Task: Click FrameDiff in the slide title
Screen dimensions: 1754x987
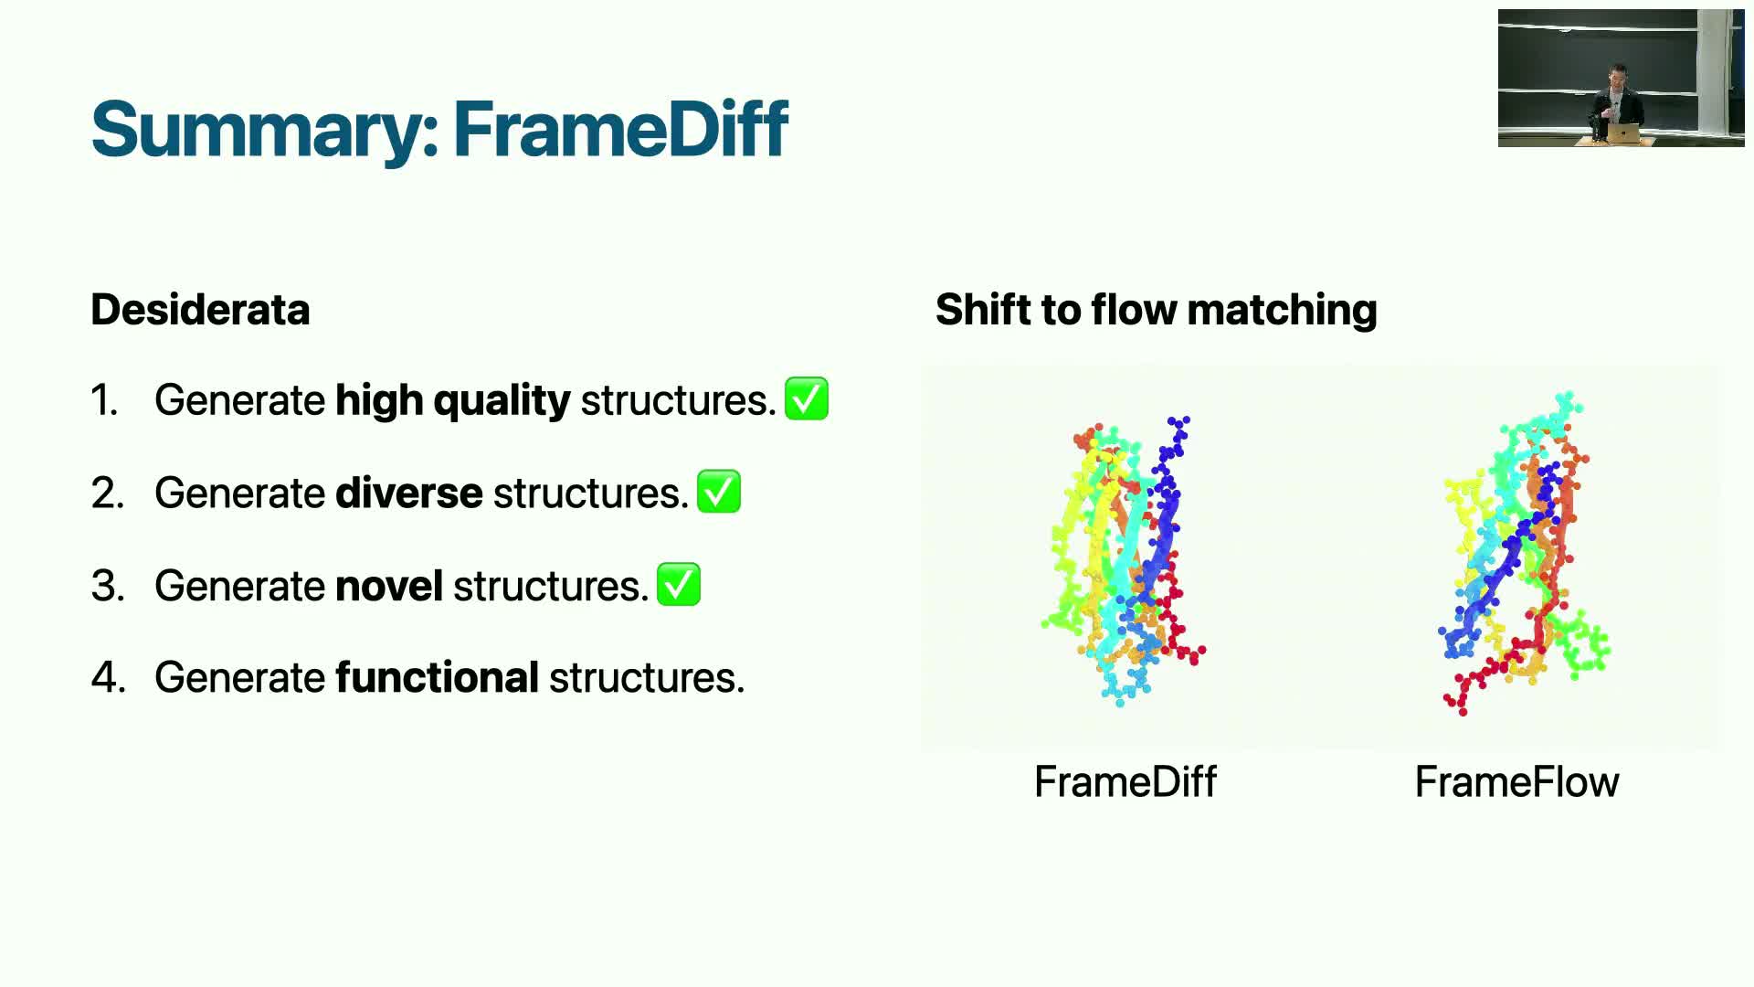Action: [x=620, y=129]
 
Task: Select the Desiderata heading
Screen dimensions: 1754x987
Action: [x=200, y=310]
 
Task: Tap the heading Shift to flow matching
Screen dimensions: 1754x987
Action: [x=1156, y=310]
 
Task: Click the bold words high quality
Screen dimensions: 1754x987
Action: [x=453, y=400]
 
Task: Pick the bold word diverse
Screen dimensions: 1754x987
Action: [x=409, y=493]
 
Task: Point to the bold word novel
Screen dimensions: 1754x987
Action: [x=389, y=586]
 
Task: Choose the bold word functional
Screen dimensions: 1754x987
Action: [x=438, y=678]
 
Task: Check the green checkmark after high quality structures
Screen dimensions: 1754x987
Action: [x=807, y=398]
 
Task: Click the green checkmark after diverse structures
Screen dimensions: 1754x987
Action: [x=719, y=492]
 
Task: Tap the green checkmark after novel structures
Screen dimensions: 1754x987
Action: [x=679, y=584]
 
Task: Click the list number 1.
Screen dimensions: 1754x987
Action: [x=104, y=400]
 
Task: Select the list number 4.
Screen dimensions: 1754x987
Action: [x=108, y=678]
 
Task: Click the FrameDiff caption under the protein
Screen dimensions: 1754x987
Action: [x=1125, y=782]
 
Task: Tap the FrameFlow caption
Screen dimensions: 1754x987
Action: [x=1516, y=782]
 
